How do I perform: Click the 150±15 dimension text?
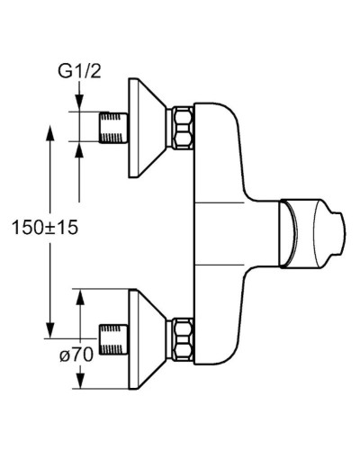[x=46, y=228]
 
